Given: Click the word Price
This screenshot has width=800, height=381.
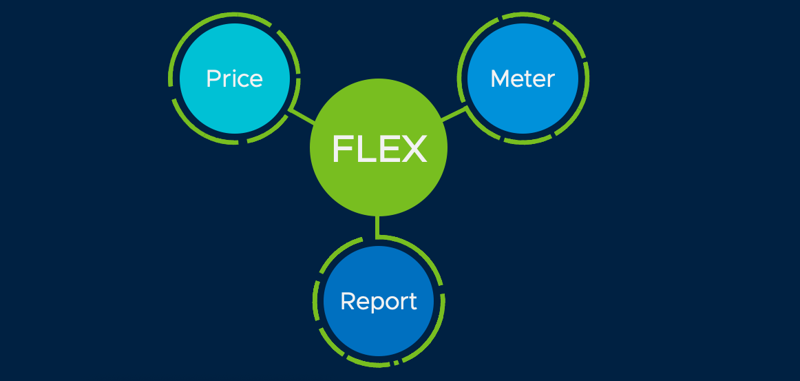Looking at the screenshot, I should (x=234, y=79).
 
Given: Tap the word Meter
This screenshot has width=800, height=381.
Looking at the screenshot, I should (x=522, y=79).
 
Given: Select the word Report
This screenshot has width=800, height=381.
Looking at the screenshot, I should (x=379, y=302).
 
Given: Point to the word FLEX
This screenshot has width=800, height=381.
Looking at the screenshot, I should (x=379, y=149).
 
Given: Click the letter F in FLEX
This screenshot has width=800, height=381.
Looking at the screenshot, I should (x=342, y=149).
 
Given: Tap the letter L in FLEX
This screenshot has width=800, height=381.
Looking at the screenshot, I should (x=365, y=149).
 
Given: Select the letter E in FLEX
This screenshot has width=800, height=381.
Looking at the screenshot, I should (x=389, y=149).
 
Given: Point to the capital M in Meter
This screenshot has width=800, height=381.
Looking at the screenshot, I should (x=498, y=79).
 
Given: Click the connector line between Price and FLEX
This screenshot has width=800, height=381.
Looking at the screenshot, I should (x=302, y=115).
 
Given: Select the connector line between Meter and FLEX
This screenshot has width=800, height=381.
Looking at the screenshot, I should (x=454, y=114).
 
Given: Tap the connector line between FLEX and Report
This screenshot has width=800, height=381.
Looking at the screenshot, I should (x=377, y=227).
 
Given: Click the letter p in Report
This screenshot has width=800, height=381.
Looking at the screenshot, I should (x=376, y=304).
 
